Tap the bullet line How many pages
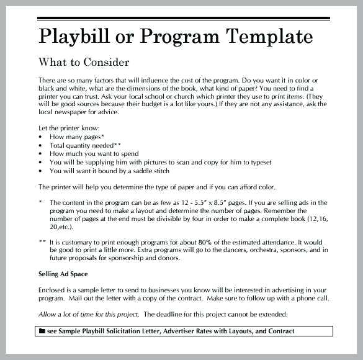pyautogui.click(x=77, y=136)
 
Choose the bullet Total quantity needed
pyautogui.click(x=85, y=145)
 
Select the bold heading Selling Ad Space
pyautogui.click(x=63, y=274)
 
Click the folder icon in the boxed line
pyautogui.click(x=42, y=331)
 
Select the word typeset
pyautogui.click(x=258, y=162)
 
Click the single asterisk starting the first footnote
pyautogui.click(x=41, y=202)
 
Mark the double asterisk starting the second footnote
pyautogui.click(x=42, y=242)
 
